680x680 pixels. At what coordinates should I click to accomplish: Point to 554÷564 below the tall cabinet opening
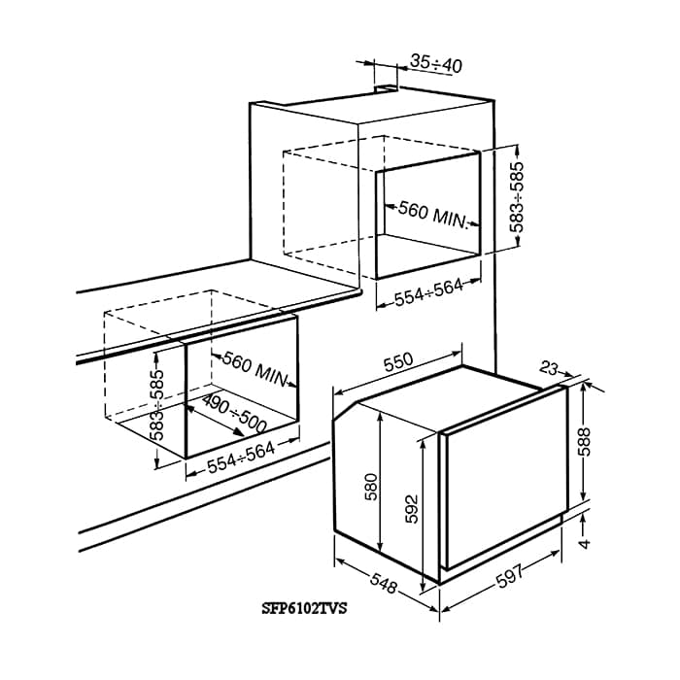coord(429,292)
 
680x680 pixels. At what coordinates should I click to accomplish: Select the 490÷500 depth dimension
coord(234,415)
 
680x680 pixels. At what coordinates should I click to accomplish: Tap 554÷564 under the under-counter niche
coord(243,456)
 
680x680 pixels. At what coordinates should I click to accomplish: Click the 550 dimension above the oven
coord(397,362)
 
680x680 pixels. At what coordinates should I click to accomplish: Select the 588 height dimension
coord(584,442)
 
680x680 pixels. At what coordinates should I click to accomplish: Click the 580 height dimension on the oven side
coord(370,486)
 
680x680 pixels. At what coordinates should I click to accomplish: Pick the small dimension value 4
coord(585,542)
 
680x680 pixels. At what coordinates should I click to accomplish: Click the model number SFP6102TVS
coord(305,609)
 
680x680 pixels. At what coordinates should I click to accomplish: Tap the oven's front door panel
coord(501,486)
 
